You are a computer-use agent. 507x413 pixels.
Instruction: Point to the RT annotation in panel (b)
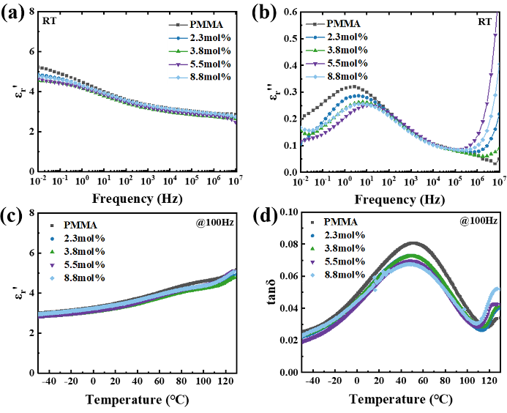484,22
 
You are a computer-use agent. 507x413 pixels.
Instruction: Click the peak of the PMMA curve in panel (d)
413,243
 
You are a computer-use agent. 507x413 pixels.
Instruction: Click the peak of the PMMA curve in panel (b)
350,86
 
